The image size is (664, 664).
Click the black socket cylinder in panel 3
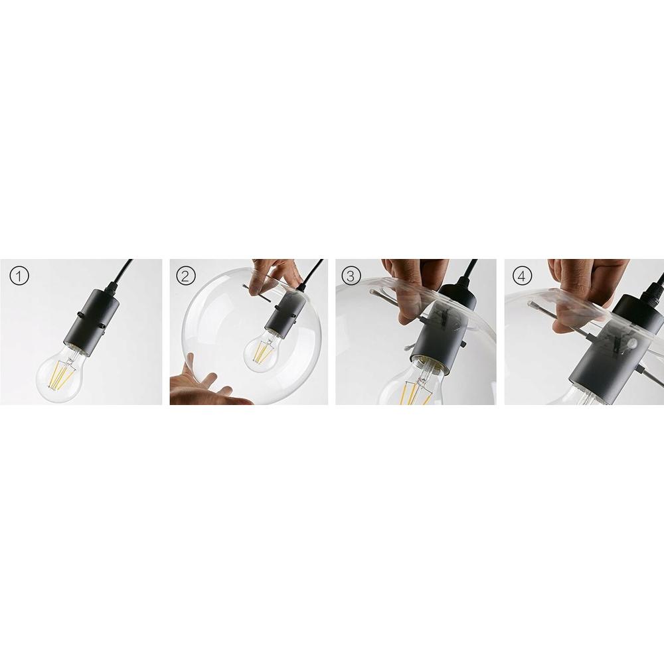435,332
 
